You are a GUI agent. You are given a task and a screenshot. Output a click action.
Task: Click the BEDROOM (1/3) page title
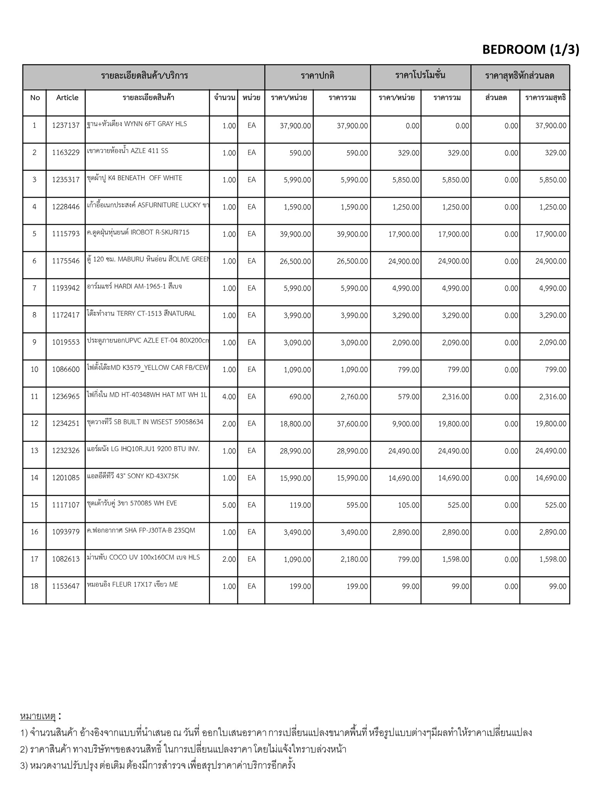point(530,50)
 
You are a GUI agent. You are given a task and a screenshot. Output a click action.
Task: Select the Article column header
point(67,97)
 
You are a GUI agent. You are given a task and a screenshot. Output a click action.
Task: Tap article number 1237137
point(66,126)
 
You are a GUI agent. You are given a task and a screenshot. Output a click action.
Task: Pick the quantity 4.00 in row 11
point(229,397)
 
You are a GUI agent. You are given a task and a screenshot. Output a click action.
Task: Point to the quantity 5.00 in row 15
point(229,505)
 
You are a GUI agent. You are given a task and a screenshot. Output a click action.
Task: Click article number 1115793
point(66,234)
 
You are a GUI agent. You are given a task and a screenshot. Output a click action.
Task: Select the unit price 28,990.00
point(295,451)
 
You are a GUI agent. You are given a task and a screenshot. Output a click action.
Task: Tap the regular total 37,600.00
point(352,424)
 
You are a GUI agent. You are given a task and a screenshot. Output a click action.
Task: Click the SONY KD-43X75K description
point(133,476)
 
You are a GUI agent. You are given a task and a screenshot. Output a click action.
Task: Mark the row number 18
point(34,586)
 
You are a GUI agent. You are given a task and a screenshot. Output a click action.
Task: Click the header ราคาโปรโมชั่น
point(420,76)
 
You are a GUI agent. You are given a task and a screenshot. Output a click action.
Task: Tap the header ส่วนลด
point(496,97)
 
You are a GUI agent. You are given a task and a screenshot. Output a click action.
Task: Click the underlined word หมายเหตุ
point(38,717)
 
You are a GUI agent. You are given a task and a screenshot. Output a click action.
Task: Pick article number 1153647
point(66,586)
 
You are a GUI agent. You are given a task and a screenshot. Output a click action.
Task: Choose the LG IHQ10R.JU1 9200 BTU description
point(143,449)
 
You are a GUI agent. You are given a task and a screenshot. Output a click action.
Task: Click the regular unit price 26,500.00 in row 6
point(295,261)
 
